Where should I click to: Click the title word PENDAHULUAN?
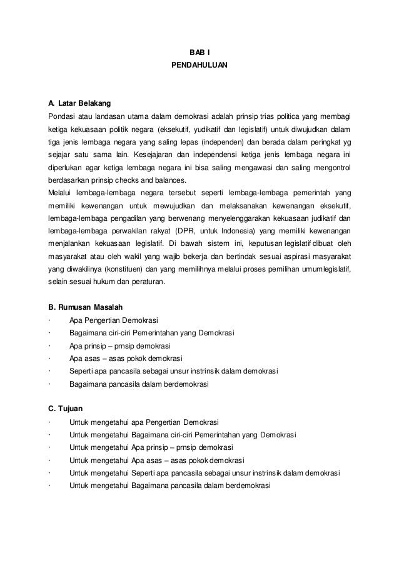point(199,64)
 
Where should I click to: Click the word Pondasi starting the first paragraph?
point(63,116)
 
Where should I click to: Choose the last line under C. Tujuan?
point(169,486)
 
